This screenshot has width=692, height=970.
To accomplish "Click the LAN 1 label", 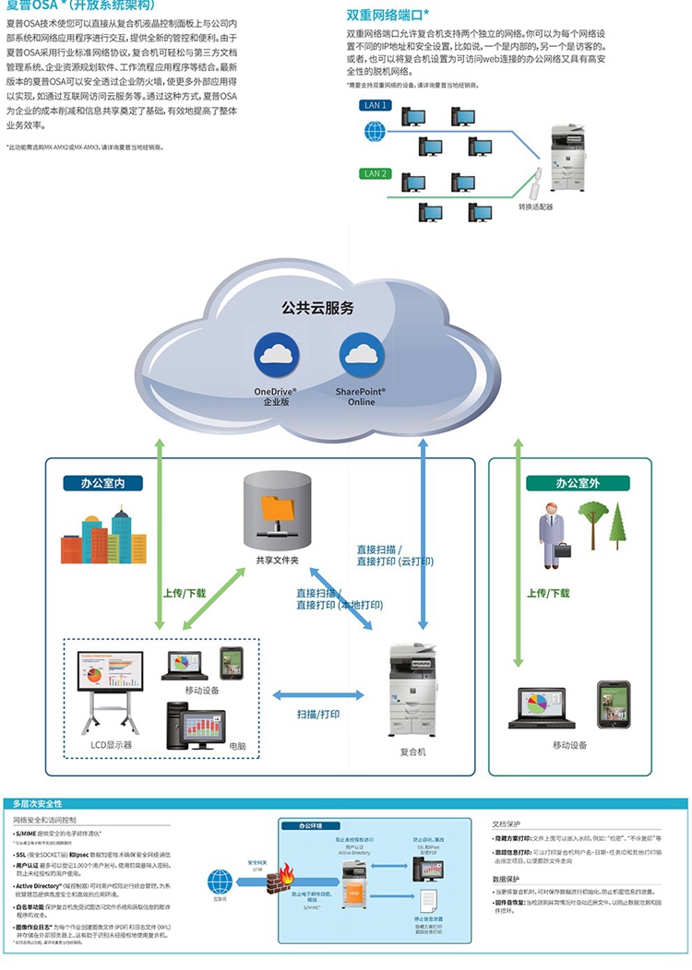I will (x=376, y=105).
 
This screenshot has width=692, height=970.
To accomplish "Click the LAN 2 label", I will (x=376, y=173).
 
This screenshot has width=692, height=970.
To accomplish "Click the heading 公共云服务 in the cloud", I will (x=317, y=308).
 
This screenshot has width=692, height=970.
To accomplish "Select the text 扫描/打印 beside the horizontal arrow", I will (x=318, y=715).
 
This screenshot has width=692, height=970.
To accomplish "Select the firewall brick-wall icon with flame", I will (x=280, y=884).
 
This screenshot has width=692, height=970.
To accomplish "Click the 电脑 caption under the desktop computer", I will (x=237, y=744).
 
